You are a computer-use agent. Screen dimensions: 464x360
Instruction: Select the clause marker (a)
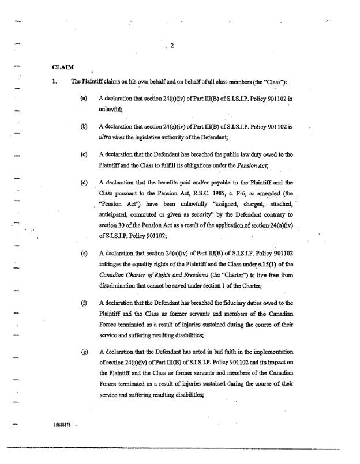tap(84, 99)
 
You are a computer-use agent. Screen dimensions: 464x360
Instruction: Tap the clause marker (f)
tap(84, 303)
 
